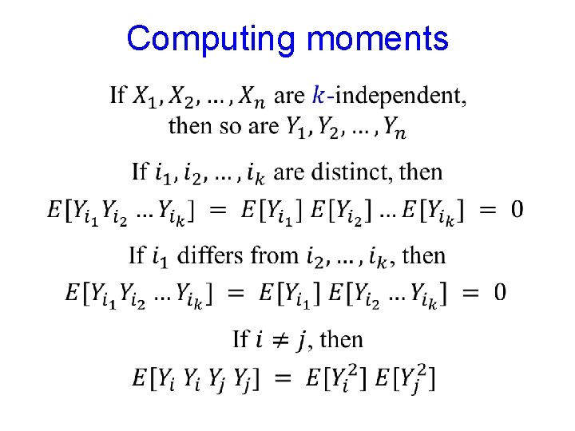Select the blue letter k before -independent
319,96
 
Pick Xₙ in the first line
251,97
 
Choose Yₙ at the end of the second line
393,127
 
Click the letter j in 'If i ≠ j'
301,341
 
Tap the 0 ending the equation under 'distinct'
517,210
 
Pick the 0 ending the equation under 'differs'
499,293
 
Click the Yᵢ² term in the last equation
339,378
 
